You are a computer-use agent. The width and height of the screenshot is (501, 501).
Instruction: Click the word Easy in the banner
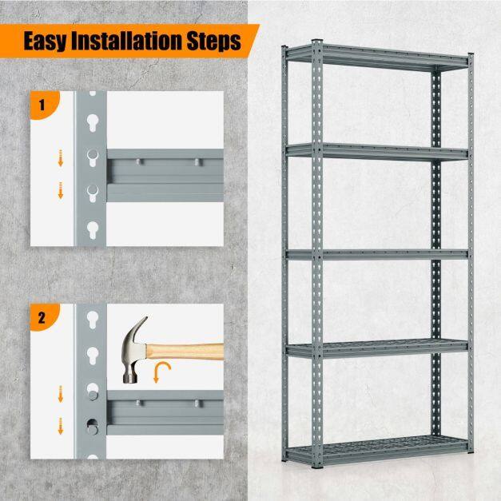46,41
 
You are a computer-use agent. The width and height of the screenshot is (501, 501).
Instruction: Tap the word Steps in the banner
214,42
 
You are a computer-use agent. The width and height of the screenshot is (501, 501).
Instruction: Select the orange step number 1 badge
45,105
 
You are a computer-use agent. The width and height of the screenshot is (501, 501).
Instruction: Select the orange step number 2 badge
45,317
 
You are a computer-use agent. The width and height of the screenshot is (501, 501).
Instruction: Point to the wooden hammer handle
185,352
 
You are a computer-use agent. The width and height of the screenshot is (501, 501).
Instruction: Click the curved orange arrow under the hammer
161,371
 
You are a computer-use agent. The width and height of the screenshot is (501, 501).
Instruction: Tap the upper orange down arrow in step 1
61,158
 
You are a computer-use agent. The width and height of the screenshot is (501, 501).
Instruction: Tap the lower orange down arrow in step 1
61,190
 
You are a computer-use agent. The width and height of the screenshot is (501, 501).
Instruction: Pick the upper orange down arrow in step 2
61,394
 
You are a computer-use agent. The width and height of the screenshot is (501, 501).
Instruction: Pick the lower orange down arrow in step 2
61,426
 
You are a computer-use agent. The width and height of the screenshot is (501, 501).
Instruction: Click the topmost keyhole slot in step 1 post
93,123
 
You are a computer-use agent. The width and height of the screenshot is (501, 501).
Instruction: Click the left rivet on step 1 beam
138,162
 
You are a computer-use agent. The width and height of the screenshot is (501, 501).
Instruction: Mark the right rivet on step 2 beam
197,404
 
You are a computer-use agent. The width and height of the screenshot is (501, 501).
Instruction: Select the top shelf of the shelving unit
377,58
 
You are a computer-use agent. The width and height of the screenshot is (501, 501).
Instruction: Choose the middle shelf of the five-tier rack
377,255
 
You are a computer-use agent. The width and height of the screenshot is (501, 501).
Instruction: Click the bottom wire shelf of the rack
377,450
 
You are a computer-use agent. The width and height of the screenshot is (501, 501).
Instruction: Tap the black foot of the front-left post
317,467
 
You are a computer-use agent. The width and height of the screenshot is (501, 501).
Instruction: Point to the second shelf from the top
377,152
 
